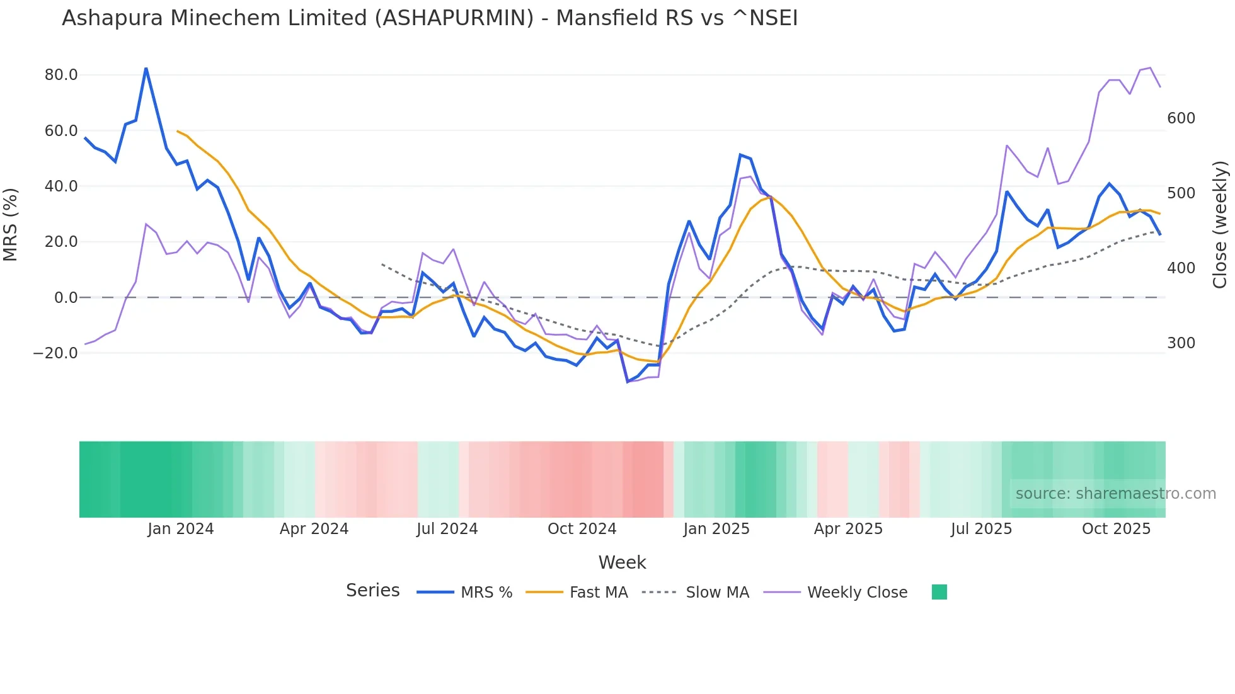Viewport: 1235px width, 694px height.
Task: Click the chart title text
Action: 430,18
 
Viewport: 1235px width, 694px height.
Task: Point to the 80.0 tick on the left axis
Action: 61,75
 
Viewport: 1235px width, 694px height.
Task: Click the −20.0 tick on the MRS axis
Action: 55,353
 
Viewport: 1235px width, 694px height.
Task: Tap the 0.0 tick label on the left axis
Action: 66,298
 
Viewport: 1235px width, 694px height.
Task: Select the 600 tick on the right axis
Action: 1181,118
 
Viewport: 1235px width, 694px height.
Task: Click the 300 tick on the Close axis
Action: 1181,343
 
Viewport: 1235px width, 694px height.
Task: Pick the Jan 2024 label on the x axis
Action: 181,529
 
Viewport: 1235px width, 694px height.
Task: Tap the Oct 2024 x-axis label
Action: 582,529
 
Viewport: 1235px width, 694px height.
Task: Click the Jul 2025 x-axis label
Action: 981,529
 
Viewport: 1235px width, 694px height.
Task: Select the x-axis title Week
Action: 622,562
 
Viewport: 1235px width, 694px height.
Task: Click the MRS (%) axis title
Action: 11,224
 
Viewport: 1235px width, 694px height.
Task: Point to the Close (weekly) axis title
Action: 1221,225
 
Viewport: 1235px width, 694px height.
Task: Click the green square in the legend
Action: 939,592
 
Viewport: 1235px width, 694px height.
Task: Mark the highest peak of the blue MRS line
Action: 146,68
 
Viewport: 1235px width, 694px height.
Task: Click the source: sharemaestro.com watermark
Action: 1115,494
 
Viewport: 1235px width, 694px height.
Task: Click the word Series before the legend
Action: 372,591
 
